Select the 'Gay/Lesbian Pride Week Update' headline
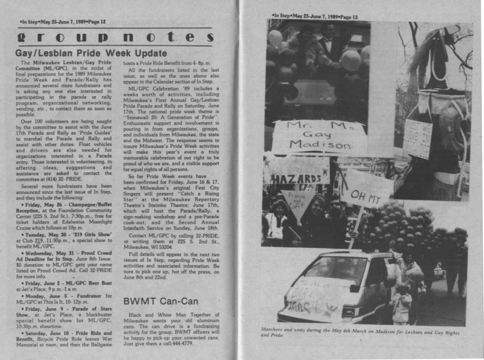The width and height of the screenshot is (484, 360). [x=91, y=53]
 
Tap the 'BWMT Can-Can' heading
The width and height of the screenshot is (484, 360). [x=160, y=301]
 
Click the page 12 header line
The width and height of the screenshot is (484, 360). [x=63, y=22]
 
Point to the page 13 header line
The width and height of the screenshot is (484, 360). [x=315, y=17]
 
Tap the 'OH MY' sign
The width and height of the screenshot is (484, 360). [x=366, y=195]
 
